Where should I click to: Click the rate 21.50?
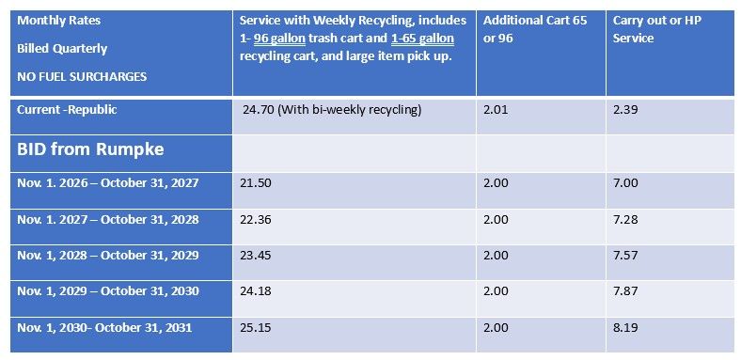[256, 183]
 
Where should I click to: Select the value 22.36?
[256, 219]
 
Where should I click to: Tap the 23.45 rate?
[256, 255]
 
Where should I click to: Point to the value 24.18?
[256, 291]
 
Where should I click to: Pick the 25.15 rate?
[256, 327]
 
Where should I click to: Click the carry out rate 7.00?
[625, 183]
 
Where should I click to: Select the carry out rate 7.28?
[625, 219]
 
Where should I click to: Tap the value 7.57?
[625, 255]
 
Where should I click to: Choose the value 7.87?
[625, 291]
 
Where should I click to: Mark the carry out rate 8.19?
[625, 327]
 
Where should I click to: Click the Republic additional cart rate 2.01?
[496, 110]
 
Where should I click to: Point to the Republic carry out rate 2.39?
[625, 110]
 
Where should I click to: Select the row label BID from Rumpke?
[90, 149]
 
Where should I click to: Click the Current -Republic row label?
[67, 110]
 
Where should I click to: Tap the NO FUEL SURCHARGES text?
[82, 76]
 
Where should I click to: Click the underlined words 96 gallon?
[279, 39]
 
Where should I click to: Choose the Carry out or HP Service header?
[657, 29]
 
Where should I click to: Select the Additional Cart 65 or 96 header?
[535, 29]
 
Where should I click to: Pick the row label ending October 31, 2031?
[104, 327]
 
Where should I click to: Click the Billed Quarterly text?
[62, 49]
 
